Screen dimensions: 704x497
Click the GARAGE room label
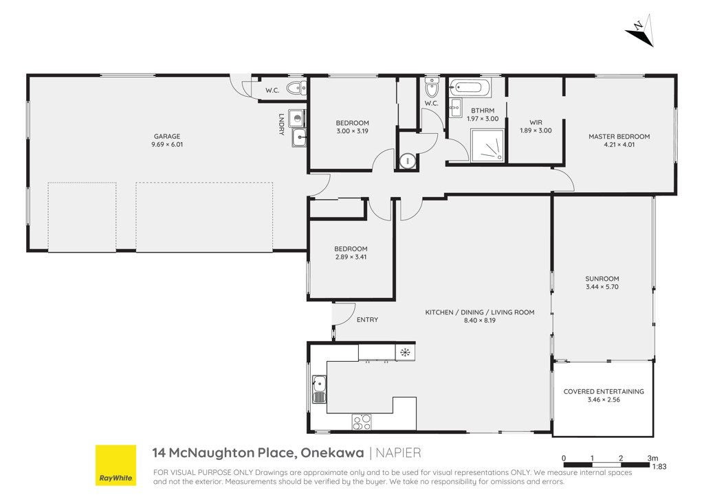(167, 136)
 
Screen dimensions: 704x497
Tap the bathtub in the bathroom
(470, 87)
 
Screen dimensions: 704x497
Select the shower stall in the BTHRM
(487, 146)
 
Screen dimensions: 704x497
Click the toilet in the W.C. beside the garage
(296, 89)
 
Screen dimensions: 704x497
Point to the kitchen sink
(319, 389)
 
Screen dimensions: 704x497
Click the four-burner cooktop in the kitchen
(362, 421)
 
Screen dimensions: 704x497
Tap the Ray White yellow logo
(115, 465)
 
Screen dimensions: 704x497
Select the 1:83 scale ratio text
(659, 467)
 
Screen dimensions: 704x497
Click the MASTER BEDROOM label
(619, 136)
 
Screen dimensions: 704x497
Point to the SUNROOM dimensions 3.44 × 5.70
(602, 287)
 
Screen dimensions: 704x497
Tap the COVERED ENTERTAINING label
(604, 391)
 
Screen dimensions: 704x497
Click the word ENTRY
(367, 319)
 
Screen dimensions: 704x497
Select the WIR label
(536, 122)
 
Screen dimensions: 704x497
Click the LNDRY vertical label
(281, 124)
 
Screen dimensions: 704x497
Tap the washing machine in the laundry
(297, 118)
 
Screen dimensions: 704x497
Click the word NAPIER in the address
(398, 452)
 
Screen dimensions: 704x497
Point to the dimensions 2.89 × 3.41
(351, 257)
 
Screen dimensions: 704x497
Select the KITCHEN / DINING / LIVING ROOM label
(479, 312)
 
